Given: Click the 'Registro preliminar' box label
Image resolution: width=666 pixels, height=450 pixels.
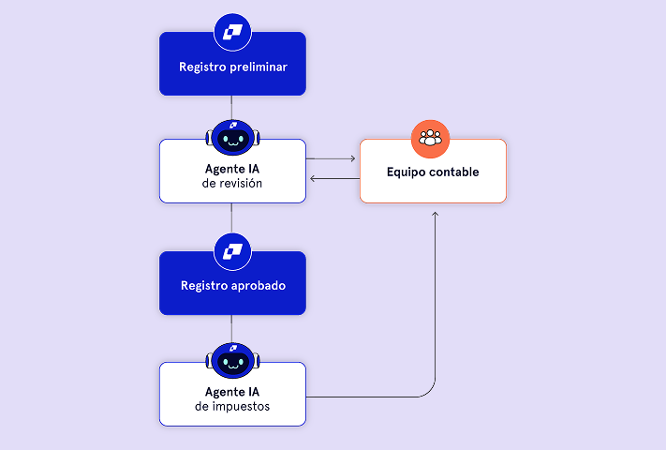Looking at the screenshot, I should tap(232, 67).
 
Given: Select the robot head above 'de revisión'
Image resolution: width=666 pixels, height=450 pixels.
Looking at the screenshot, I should tap(231, 139).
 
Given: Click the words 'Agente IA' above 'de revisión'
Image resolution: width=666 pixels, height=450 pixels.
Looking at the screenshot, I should tap(231, 169).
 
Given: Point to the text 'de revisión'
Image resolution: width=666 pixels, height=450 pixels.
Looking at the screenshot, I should tap(231, 184).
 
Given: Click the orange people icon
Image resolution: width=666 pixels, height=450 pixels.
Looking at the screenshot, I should tap(431, 139).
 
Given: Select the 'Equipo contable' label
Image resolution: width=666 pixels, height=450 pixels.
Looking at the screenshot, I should tap(433, 172).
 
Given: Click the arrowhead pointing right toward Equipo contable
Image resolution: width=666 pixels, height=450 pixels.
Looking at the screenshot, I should tap(352, 158).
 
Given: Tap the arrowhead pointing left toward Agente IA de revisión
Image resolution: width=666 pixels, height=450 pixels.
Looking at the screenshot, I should tap(313, 179).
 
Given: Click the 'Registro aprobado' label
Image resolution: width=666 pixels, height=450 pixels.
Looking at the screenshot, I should tap(232, 285).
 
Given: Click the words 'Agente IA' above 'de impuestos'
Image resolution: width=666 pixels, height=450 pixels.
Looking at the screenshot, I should tap(231, 391).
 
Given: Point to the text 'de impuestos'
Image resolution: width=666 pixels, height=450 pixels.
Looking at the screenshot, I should tap(231, 406).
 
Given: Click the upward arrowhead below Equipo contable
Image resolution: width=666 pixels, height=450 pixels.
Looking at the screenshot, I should tap(436, 215).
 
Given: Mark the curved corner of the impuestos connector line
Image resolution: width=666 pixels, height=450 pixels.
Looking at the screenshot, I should tap(431, 391).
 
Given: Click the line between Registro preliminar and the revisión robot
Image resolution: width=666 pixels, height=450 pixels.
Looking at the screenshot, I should tap(231, 107).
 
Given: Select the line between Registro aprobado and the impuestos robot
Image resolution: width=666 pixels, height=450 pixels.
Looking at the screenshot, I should tap(231, 328).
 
